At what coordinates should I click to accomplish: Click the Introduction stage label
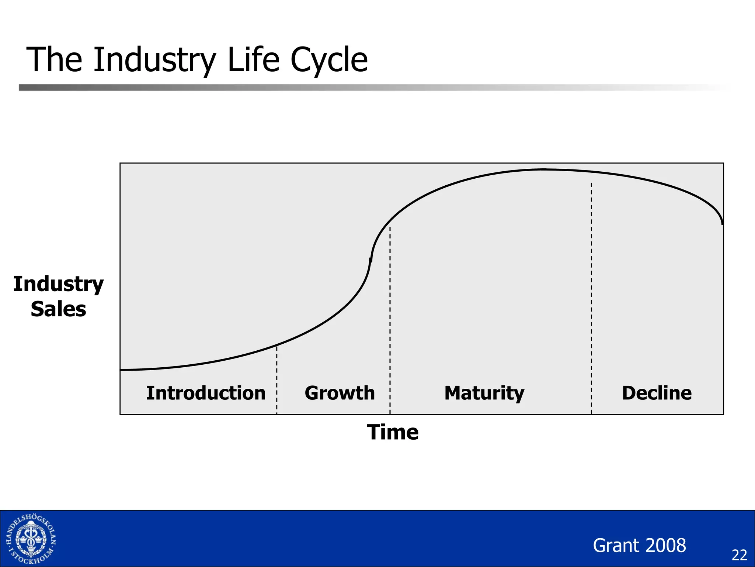pyautogui.click(x=206, y=393)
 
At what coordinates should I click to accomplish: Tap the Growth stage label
pyautogui.click(x=340, y=393)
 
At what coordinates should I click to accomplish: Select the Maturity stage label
pyautogui.click(x=484, y=393)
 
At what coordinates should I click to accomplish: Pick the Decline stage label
pyautogui.click(x=657, y=393)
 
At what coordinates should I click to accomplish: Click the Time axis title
pyautogui.click(x=393, y=432)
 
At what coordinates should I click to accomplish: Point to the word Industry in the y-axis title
pyautogui.click(x=58, y=284)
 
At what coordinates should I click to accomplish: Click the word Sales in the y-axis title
pyautogui.click(x=58, y=309)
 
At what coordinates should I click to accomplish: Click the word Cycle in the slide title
pyautogui.click(x=329, y=60)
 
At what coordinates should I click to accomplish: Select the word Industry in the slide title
pyautogui.click(x=154, y=60)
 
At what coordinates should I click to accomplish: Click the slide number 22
pyautogui.click(x=739, y=555)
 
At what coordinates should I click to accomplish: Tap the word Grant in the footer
pyautogui.click(x=615, y=545)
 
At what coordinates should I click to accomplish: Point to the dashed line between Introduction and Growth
pyautogui.click(x=277, y=380)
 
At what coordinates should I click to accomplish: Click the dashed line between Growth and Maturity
pyautogui.click(x=390, y=317)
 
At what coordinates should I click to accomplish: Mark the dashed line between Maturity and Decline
pyautogui.click(x=591, y=295)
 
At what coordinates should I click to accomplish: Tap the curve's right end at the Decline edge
pyautogui.click(x=722, y=223)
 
